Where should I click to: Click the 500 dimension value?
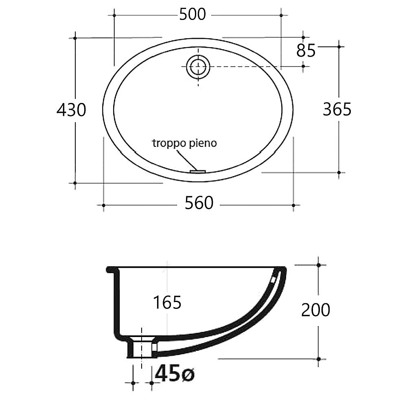193,15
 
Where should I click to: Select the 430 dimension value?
71,110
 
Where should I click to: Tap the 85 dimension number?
306,50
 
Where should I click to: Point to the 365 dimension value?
337,109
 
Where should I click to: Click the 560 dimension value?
199,203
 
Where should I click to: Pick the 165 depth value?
167,302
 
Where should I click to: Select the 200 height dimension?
316,310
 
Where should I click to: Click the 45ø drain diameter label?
175,373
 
